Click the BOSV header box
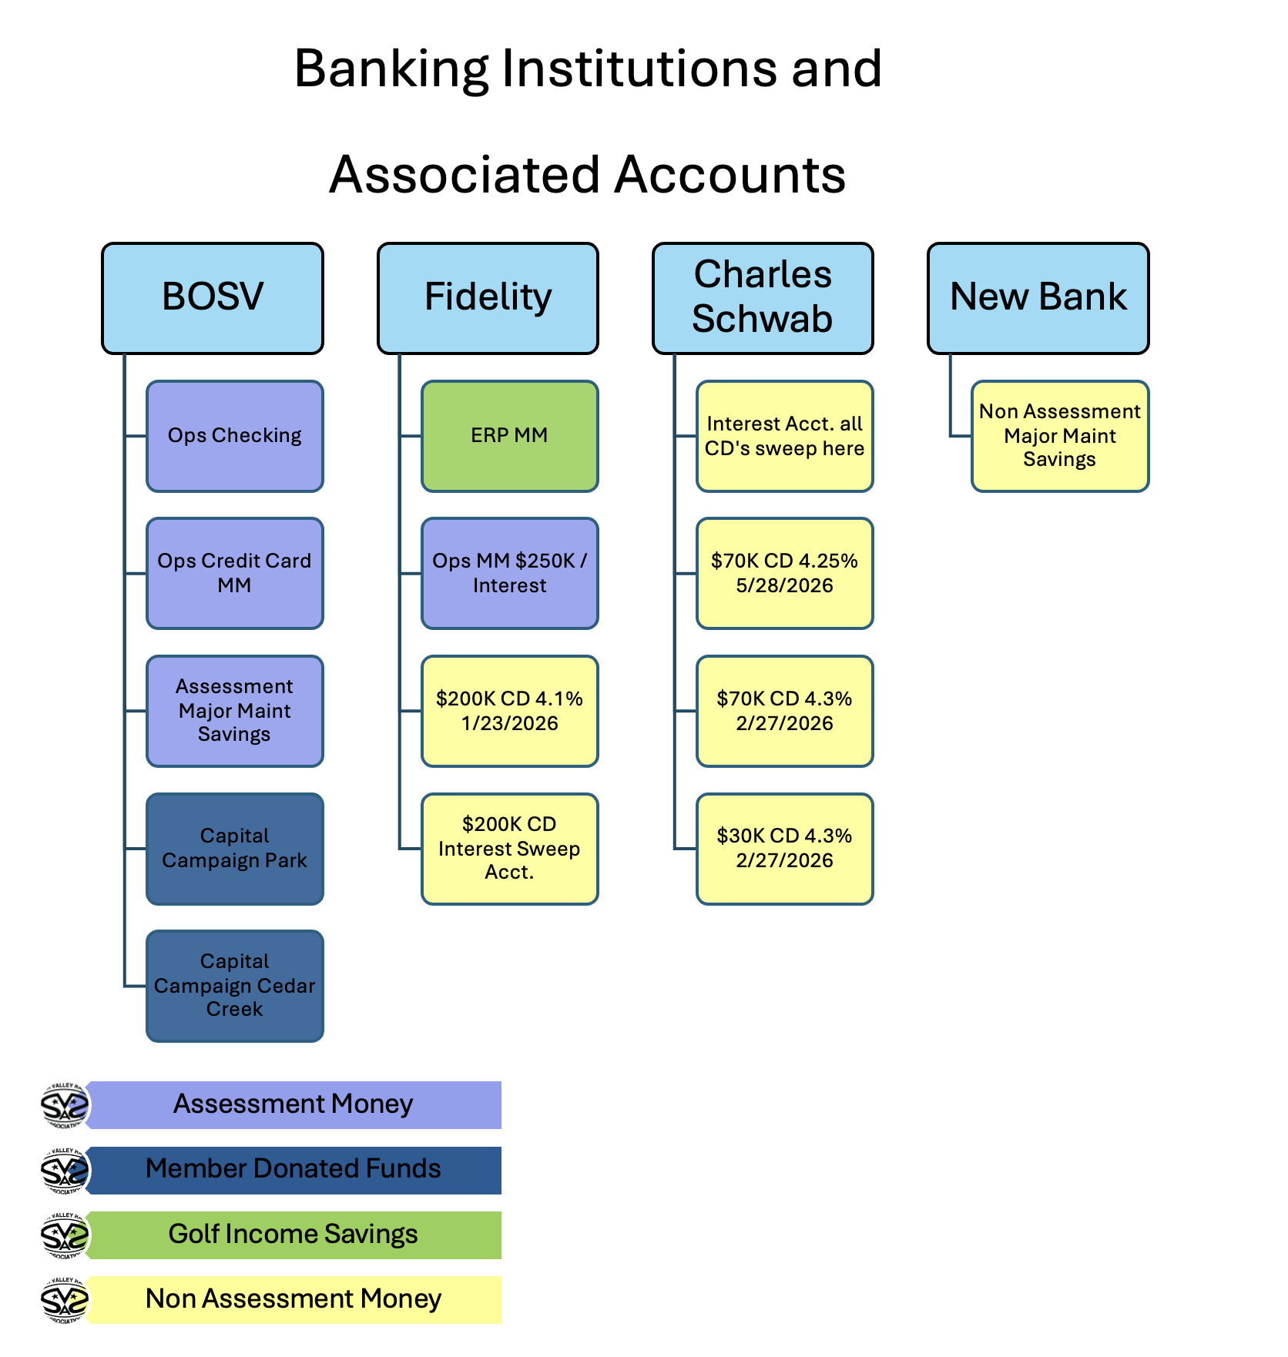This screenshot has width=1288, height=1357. (213, 298)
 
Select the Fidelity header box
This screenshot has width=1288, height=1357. (488, 298)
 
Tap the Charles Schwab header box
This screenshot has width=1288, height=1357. (763, 298)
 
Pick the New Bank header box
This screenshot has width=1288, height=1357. (1038, 298)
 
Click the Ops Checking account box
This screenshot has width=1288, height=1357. (235, 436)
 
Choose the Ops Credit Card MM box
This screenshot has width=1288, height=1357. (235, 573)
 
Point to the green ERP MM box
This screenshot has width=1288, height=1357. (510, 436)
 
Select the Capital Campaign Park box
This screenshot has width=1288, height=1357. (235, 849)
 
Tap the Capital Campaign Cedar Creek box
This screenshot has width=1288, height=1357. (235, 986)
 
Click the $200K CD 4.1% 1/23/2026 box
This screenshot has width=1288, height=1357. (510, 711)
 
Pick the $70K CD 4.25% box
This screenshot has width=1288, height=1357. (785, 573)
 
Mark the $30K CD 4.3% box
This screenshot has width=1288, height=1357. (785, 849)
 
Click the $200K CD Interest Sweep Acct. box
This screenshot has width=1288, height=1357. (510, 849)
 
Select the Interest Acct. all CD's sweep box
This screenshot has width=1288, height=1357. (785, 436)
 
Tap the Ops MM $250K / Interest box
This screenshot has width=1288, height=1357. (510, 573)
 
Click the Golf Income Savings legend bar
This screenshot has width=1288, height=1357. (293, 1235)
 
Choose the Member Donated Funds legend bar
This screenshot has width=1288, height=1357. (293, 1170)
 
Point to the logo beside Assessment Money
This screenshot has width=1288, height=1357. (65, 1105)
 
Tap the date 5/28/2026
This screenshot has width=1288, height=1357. (785, 586)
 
